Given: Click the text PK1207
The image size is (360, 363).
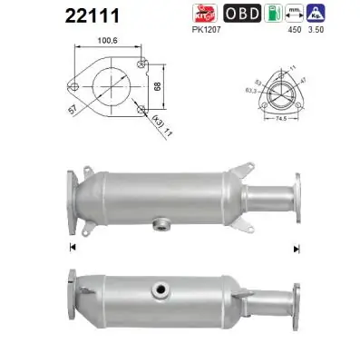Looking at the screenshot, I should (x=207, y=31).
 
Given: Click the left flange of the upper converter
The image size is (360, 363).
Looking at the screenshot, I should (x=72, y=191).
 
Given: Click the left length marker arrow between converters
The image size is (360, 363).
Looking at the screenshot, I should (x=71, y=247).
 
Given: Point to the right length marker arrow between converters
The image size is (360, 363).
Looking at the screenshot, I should (x=296, y=247).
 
